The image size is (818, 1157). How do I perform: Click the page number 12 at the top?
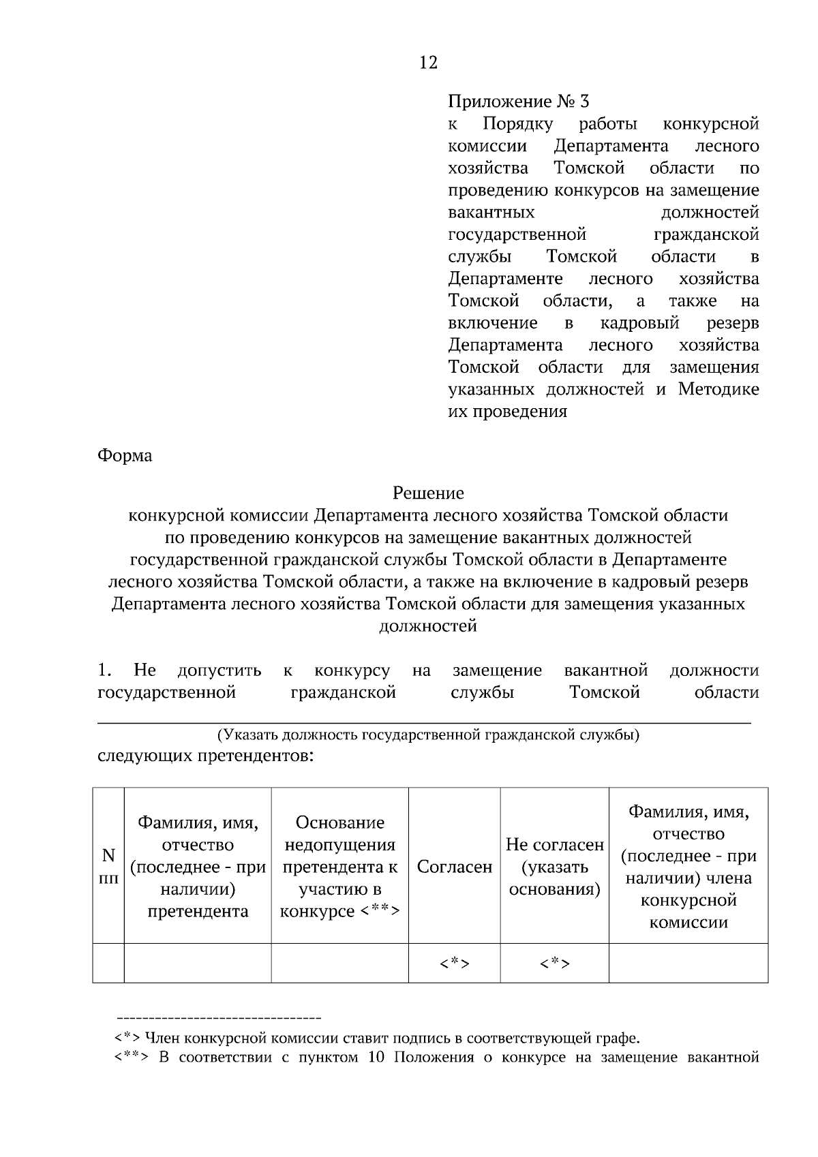[428, 63]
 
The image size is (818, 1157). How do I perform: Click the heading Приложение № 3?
[518, 102]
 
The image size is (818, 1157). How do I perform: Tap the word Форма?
[125, 455]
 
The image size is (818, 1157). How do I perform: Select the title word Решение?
[428, 493]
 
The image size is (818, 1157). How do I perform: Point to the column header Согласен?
[454, 867]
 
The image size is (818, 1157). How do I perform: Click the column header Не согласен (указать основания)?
[554, 867]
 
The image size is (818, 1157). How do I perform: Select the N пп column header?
[108, 866]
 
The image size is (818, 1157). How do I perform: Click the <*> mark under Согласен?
[454, 963]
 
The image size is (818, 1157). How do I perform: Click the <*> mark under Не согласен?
[554, 963]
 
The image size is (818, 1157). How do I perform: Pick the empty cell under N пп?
[108, 963]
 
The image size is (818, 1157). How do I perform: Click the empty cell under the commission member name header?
[688, 963]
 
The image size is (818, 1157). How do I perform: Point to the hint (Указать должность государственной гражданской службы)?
[428, 735]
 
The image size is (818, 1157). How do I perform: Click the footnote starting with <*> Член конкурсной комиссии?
[377, 1038]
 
